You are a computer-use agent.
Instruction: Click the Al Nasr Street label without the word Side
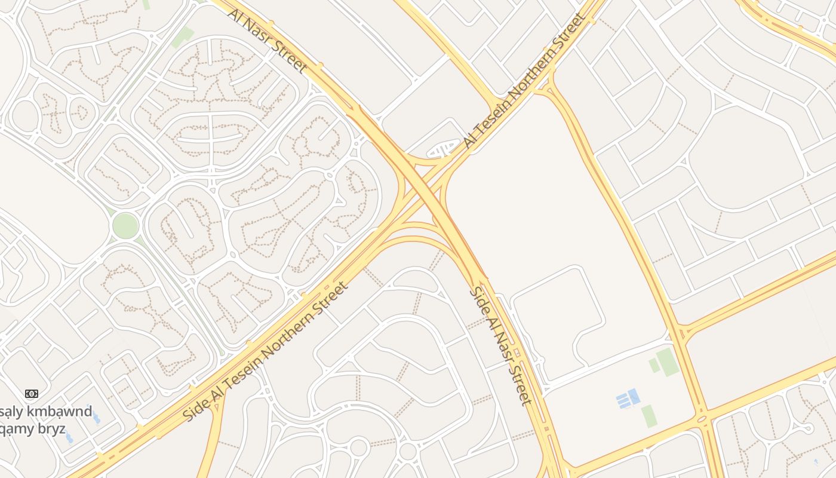point(268,40)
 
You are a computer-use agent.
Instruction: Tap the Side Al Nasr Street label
point(500,345)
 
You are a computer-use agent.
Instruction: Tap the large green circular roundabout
point(125,225)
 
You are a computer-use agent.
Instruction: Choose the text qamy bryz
point(33,429)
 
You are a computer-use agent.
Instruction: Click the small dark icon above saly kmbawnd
point(32,393)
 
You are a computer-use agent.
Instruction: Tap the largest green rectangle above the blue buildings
point(668,362)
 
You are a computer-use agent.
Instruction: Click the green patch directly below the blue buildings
point(650,416)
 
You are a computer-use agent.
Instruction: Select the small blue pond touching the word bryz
point(69,438)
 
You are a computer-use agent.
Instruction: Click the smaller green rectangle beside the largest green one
point(654,366)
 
